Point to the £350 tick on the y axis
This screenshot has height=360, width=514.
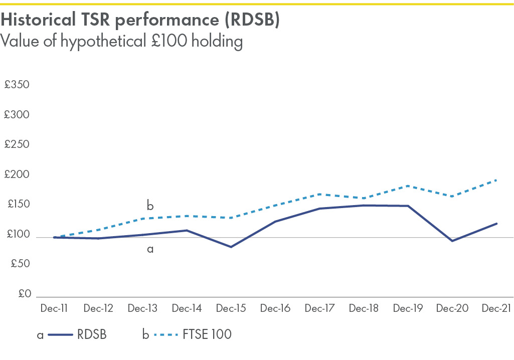17,84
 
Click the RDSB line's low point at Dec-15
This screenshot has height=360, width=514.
231,247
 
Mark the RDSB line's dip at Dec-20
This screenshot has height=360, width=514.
452,241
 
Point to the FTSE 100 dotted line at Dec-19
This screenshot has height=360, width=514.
408,186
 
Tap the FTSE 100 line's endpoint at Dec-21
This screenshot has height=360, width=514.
496,180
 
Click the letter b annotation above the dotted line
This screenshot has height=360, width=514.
150,206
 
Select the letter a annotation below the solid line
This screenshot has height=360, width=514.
150,248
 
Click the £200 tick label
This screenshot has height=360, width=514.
17,174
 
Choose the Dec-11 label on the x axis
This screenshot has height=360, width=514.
54,308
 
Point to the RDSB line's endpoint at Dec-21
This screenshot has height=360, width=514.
496,223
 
